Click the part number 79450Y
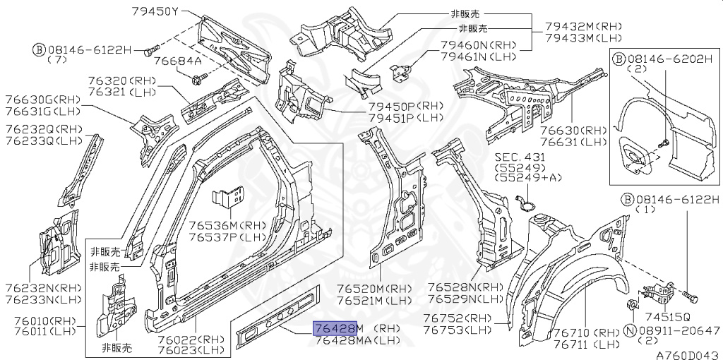pyautogui.click(x=154, y=11)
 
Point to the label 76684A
pyautogui.click(x=177, y=62)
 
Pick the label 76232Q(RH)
pyautogui.click(x=43, y=129)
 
